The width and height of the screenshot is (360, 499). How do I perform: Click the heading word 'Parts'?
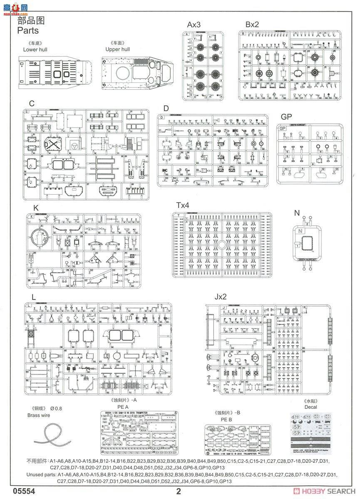(28, 30)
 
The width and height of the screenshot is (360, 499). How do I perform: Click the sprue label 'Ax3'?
(194, 25)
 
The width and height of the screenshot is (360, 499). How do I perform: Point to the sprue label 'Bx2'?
(252, 25)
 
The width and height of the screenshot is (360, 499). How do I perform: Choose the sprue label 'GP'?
(286, 117)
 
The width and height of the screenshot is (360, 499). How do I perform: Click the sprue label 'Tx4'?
(182, 205)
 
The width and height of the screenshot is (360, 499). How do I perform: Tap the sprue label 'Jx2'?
(221, 297)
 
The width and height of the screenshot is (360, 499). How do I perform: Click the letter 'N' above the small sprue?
(297, 213)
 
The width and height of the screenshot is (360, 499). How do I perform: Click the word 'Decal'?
(310, 407)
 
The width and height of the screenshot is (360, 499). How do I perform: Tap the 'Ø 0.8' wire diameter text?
(56, 408)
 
